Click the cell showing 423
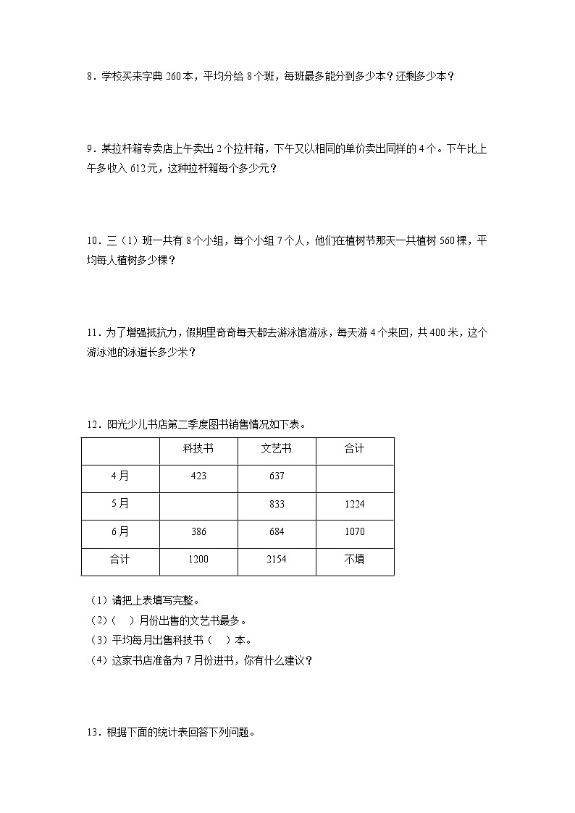pos(198,476)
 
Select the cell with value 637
pos(276,476)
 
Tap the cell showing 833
pos(276,504)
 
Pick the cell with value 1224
pos(354,504)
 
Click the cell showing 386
pos(198,531)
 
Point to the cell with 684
pos(276,531)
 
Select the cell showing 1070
pos(354,531)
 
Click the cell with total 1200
pos(198,559)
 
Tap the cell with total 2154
pos(276,559)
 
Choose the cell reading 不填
pos(354,559)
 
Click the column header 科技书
pos(198,450)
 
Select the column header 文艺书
pos(276,450)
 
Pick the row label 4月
pos(120,476)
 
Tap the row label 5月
pos(120,504)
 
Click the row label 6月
pos(120,531)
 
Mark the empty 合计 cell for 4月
pos(354,476)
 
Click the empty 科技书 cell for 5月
pos(198,504)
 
